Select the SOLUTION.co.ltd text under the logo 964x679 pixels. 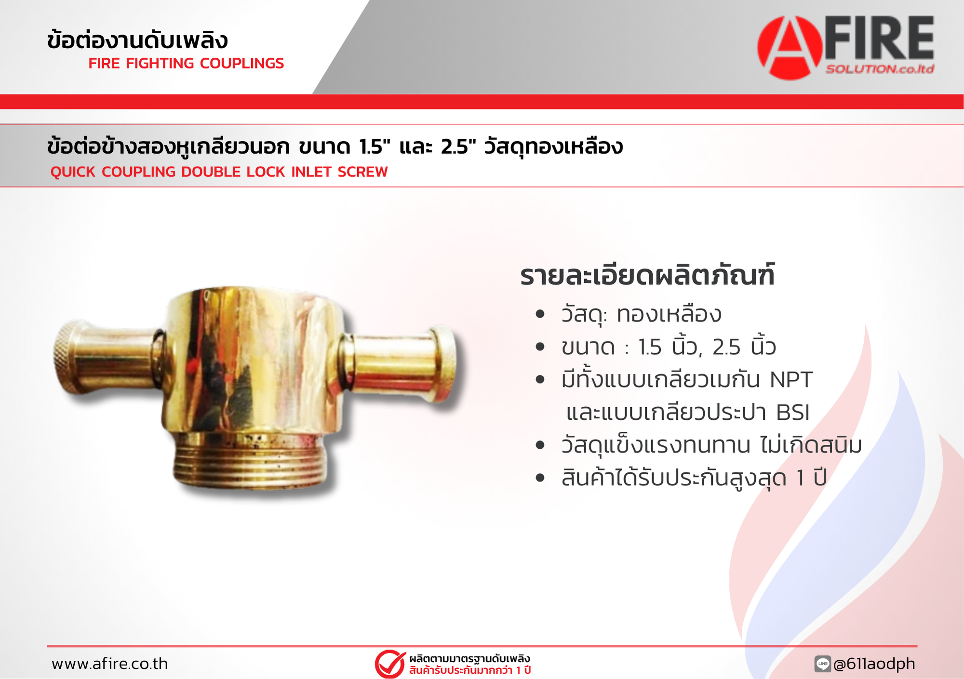[880, 69]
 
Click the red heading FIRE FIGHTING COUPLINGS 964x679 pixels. [186, 63]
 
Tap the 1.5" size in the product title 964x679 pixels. [375, 146]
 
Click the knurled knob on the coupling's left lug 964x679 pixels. [66, 357]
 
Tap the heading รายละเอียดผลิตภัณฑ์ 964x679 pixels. [647, 275]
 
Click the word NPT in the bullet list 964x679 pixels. [791, 380]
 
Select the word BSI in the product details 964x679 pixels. [793, 413]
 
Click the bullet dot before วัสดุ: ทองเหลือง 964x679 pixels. [540, 314]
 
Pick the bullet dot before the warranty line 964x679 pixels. [540, 478]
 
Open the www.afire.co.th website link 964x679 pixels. [110, 664]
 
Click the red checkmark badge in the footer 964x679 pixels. [390, 664]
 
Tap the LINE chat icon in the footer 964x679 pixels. [822, 664]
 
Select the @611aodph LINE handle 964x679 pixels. [874, 664]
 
